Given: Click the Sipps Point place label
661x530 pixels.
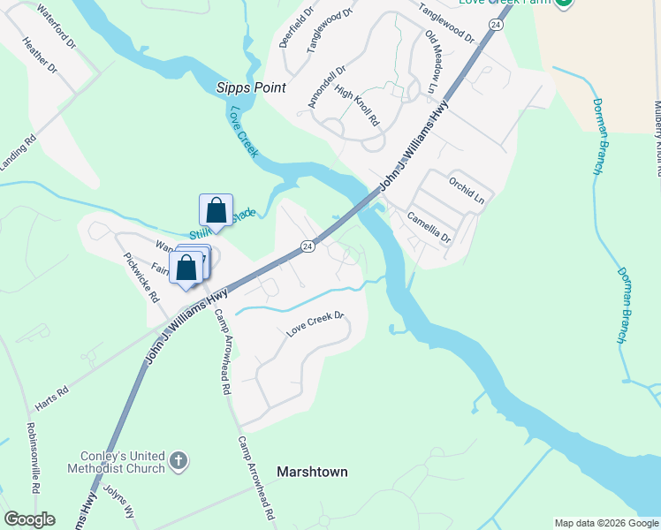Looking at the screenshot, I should click(252, 87).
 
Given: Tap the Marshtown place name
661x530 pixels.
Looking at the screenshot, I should click(313, 472).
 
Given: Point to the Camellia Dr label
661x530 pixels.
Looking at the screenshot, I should click(429, 227).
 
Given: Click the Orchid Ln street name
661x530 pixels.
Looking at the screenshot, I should click(467, 193).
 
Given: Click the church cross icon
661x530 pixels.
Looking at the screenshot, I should click(179, 460).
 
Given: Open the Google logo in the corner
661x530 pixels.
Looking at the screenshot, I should click(29, 519).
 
